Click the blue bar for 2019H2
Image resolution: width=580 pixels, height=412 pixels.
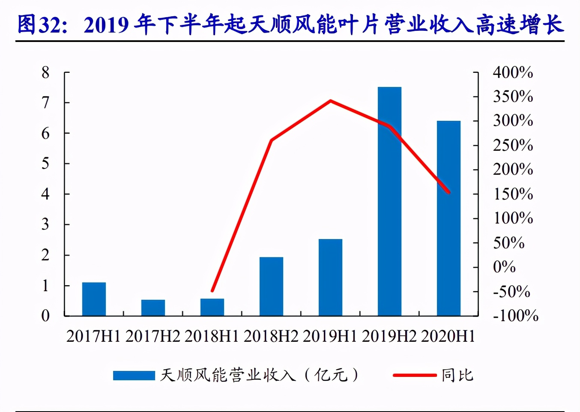[x=389, y=201]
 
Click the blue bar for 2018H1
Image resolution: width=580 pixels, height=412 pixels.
[x=212, y=307]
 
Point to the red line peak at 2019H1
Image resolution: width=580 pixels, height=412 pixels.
[x=330, y=101]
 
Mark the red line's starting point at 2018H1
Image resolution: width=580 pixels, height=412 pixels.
[x=212, y=291]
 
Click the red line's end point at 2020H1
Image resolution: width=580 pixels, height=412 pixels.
[x=448, y=192]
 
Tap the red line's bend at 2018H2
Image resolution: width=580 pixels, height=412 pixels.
[x=271, y=140]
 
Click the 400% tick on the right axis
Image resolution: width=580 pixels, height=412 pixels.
[x=513, y=72]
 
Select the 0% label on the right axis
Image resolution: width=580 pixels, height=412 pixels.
[x=504, y=267]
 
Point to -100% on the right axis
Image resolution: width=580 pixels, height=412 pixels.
[x=515, y=316]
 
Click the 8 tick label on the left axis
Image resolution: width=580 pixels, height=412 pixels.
[x=45, y=72]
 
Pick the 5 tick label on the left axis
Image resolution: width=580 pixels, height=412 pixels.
[x=45, y=164]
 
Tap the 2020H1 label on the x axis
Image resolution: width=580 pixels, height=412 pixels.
[x=448, y=336]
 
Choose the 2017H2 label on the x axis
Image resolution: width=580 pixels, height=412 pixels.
[x=153, y=336]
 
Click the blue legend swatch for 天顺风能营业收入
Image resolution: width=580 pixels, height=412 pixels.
[x=134, y=376]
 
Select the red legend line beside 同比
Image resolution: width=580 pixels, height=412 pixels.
[x=414, y=376]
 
